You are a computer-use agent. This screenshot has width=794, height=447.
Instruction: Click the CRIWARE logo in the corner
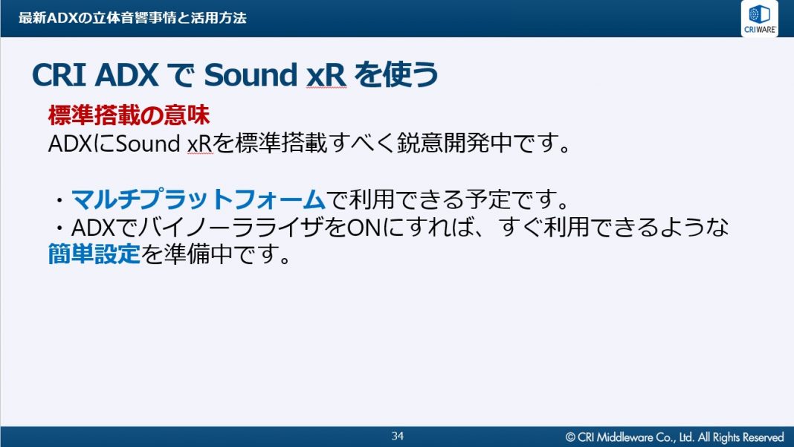(x=759, y=19)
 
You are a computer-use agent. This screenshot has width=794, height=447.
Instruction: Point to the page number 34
(x=398, y=436)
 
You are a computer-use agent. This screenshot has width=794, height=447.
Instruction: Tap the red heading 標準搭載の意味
(x=129, y=115)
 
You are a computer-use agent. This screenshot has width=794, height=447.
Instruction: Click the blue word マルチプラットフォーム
(x=198, y=199)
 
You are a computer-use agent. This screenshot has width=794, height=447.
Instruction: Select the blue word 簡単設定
(x=94, y=254)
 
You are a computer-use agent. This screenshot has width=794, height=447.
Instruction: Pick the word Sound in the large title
(x=250, y=75)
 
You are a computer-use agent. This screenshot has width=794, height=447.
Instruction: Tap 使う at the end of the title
(x=410, y=74)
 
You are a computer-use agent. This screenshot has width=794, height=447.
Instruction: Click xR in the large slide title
(x=326, y=76)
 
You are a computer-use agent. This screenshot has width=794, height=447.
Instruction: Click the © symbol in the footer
(x=570, y=437)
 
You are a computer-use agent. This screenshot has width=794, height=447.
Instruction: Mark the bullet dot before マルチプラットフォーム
(x=59, y=200)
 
